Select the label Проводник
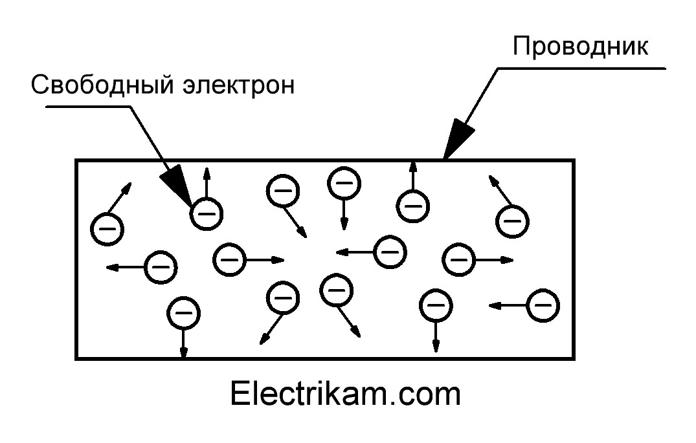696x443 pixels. tap(580, 47)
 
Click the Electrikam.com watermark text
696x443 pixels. tap(345, 394)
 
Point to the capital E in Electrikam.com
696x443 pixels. tap(239, 394)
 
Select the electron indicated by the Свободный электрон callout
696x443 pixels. tap(206, 213)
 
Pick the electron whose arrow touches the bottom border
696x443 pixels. tap(183, 314)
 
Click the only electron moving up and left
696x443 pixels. tap(512, 221)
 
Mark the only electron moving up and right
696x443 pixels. tap(107, 228)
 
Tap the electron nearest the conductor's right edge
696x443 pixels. tap(542, 305)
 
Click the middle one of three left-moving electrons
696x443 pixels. tap(390, 251)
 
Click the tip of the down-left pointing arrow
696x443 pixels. tap(261, 341)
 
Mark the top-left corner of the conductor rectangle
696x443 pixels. tap(77, 160)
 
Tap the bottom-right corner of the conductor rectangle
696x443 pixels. tap(573, 358)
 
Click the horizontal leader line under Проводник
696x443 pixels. tap(583, 67)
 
